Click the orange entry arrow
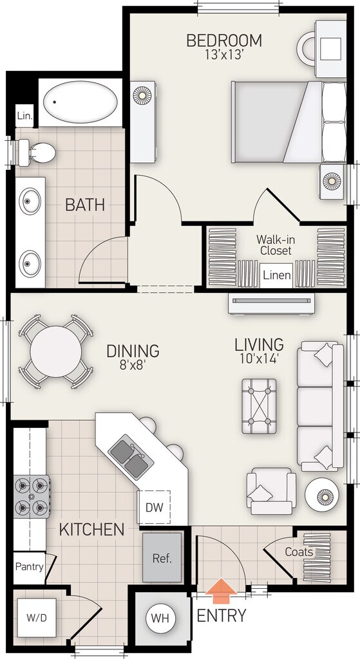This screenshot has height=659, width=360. click(221, 591)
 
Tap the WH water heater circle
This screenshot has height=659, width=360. click(160, 618)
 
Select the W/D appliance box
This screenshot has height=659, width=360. click(37, 618)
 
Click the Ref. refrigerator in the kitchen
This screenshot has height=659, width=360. click(162, 557)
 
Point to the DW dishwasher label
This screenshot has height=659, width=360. click(154, 507)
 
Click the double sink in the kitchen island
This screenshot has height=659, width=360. click(131, 457)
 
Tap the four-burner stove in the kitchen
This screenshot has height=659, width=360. click(32, 496)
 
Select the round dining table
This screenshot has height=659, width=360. click(56, 351)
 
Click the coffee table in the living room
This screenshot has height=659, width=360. click(259, 405)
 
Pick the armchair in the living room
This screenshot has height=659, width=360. click(271, 491)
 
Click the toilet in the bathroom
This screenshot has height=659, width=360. click(37, 152)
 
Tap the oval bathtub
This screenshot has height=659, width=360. click(81, 102)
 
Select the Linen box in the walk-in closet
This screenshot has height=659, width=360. click(277, 275)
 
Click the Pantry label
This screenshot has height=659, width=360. click(30, 566)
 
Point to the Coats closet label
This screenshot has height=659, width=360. click(299, 552)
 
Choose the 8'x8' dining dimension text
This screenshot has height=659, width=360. click(133, 364)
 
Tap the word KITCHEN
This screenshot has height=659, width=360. click(91, 530)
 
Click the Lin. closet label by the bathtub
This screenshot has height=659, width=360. click(25, 115)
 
